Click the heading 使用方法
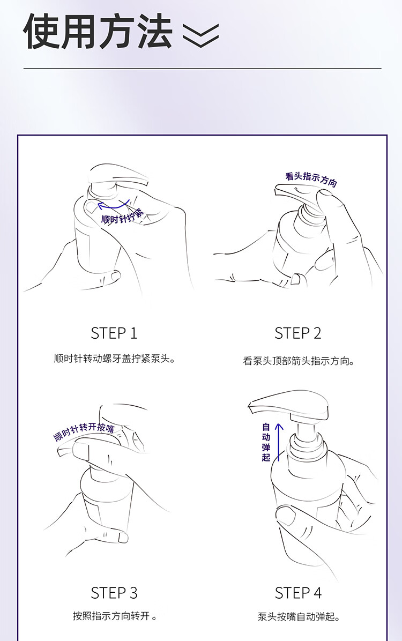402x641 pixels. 98,32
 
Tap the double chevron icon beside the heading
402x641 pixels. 200,34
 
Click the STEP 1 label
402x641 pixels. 114,333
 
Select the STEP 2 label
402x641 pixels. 297,333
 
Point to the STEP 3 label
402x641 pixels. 114,593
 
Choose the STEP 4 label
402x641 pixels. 298,593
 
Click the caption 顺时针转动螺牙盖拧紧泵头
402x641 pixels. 115,359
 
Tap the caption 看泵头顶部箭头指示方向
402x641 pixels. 299,361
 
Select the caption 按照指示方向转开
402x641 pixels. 115,616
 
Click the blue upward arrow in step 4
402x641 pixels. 279,442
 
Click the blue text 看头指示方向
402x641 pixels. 311,179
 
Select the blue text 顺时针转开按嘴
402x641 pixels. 84,431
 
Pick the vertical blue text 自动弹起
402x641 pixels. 266,442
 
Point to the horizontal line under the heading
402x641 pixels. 203,68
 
